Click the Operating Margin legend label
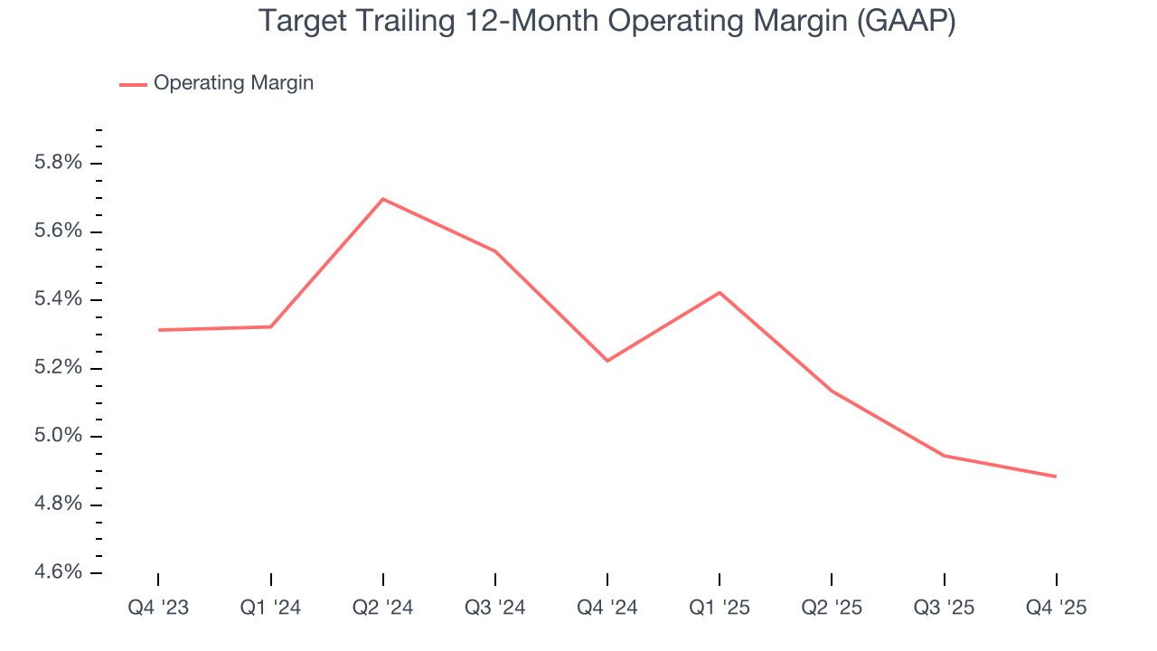[x=233, y=83]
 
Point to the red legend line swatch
[x=133, y=84]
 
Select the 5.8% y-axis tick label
[x=58, y=164]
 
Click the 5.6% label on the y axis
[x=58, y=231]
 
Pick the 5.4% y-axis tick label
[x=58, y=300]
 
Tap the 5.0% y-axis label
[x=58, y=437]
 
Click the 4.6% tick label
[x=58, y=573]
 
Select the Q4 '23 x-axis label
[x=158, y=609]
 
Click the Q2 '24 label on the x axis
[x=383, y=609]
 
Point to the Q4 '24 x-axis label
[x=607, y=609]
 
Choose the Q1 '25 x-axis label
[x=720, y=609]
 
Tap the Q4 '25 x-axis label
[x=1056, y=609]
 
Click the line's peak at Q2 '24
[x=383, y=199]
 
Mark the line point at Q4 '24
[x=607, y=361]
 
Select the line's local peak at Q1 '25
[x=720, y=292]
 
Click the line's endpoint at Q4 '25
[x=1056, y=476]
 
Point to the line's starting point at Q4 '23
[x=159, y=330]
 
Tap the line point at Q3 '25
[x=944, y=456]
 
